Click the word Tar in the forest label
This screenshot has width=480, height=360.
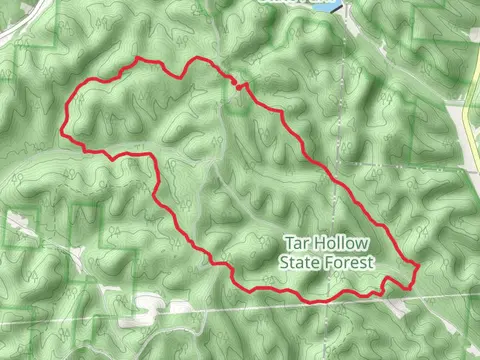297,243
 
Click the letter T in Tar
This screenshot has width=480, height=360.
289,243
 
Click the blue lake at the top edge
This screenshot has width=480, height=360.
325,5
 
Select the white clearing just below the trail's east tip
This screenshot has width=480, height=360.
400,304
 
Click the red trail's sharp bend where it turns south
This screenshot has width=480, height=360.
153,158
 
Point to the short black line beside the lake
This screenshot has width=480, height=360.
343,8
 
